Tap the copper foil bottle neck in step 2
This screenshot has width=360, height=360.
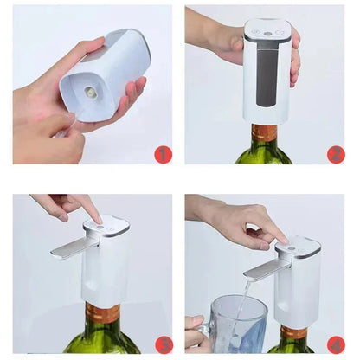click(265, 133)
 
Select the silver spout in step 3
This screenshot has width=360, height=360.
click(69, 249)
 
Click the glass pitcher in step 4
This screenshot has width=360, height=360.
click(227, 325)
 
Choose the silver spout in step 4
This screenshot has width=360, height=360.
click(260, 269)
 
